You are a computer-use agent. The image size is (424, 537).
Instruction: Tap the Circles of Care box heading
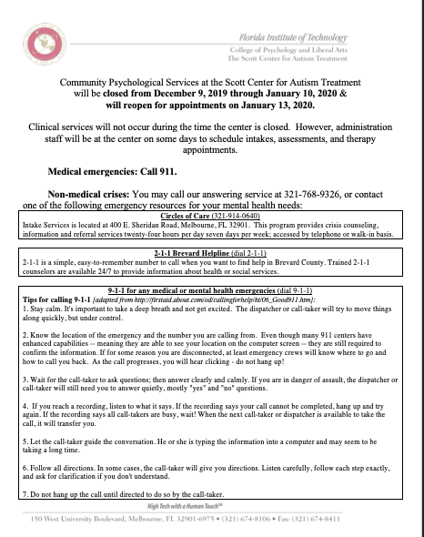[212, 216]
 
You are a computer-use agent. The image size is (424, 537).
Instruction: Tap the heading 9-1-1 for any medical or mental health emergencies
[212, 290]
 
